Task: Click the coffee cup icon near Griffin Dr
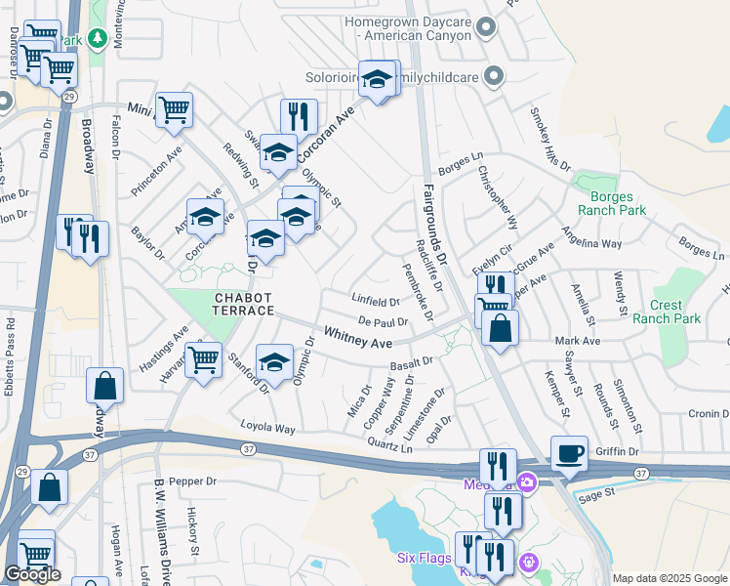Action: click(x=569, y=453)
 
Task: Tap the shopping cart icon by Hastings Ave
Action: click(x=204, y=359)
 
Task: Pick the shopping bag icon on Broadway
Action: click(x=104, y=386)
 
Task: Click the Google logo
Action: click(x=33, y=574)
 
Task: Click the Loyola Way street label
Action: click(x=269, y=428)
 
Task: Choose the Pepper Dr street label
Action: click(x=190, y=481)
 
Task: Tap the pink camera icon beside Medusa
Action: click(x=528, y=481)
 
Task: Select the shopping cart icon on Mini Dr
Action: click(x=174, y=109)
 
